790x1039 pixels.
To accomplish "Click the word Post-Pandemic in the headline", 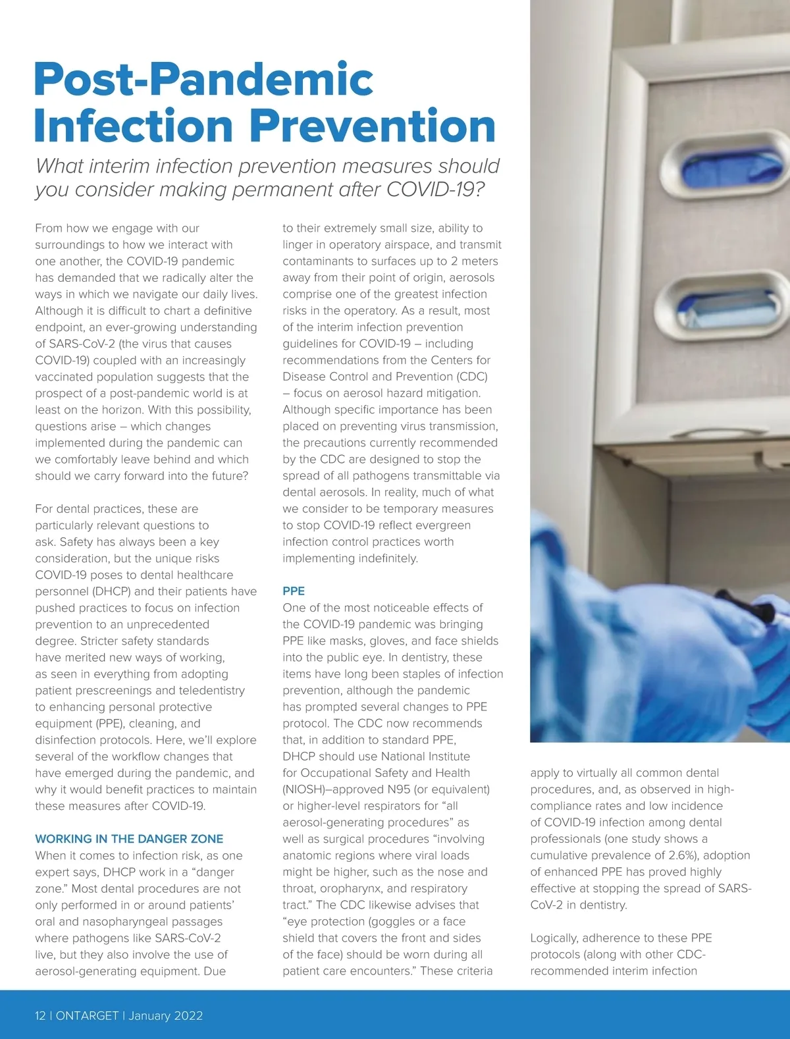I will coord(203,80).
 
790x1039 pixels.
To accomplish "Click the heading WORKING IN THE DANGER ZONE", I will coord(129,839).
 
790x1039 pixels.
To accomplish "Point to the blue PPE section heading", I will coord(294,591).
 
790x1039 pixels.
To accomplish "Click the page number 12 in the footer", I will coord(41,1015).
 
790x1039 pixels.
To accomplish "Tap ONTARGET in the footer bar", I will coord(87,1015).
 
